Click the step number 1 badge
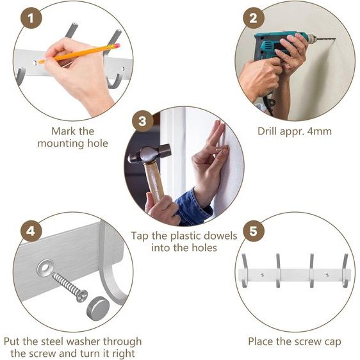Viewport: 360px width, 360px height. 31,18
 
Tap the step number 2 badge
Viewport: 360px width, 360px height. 254,18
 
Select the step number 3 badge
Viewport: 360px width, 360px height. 143,121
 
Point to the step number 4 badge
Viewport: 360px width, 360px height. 31,231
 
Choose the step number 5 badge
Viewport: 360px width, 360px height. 254,231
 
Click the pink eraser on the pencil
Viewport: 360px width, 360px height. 117,45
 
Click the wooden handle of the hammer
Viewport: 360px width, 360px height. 154,181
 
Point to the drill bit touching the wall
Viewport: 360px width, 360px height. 326,40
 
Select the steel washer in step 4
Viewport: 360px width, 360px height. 45,268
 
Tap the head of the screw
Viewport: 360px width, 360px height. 82,296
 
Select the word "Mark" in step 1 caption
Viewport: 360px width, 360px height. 61,131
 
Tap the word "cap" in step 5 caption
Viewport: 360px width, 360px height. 332,342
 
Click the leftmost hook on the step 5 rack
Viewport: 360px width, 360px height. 245,270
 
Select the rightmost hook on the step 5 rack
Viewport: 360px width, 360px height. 345,270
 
